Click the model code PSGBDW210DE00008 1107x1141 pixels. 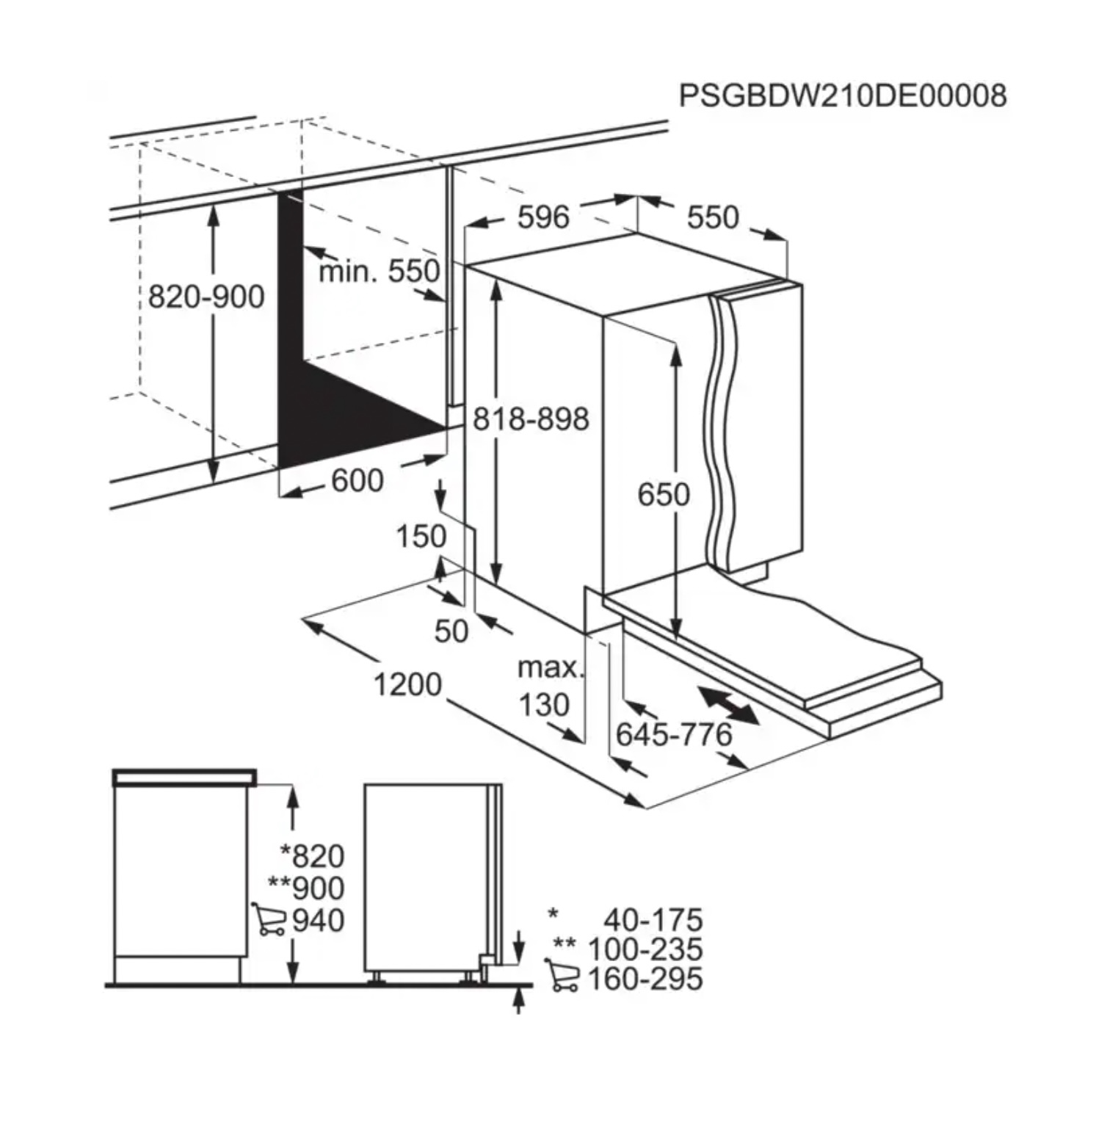pyautogui.click(x=843, y=96)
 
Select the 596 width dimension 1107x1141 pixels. pyautogui.click(x=543, y=217)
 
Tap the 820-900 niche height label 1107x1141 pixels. pyautogui.click(x=206, y=297)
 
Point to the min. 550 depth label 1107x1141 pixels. pyautogui.click(x=379, y=271)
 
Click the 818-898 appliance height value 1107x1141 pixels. pyautogui.click(x=531, y=419)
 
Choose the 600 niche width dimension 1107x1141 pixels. pyautogui.click(x=357, y=481)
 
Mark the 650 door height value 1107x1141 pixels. pyautogui.click(x=664, y=494)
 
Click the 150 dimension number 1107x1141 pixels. pyautogui.click(x=421, y=537)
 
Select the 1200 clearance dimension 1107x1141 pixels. pyautogui.click(x=407, y=684)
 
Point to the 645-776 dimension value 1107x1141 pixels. pyautogui.click(x=674, y=734)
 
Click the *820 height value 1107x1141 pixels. pyautogui.click(x=313, y=856)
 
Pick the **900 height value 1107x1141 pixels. pyautogui.click(x=307, y=888)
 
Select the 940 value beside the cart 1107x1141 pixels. pyautogui.click(x=319, y=921)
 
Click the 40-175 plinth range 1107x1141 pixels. pyautogui.click(x=653, y=920)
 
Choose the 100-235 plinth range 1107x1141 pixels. pyautogui.click(x=645, y=949)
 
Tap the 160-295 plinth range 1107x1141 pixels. pyautogui.click(x=645, y=979)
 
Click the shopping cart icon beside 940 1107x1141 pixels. pyautogui.click(x=268, y=919)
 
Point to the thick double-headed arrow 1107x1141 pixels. pyautogui.click(x=728, y=706)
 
